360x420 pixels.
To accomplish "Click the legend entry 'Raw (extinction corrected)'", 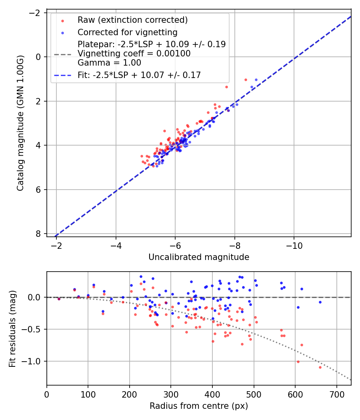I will point(132,20).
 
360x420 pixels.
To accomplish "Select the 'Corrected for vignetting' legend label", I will point(128,32).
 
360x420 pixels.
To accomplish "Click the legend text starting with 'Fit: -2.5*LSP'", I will point(139,75).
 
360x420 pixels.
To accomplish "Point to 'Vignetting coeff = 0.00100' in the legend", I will point(134,54).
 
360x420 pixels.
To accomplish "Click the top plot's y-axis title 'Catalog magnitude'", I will point(20,123).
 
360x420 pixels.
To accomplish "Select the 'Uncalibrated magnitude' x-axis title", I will point(199,257).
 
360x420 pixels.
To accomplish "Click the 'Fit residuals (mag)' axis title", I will point(12,328).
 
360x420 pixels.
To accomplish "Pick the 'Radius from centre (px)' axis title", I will point(199,406).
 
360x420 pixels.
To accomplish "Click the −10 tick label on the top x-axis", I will point(294,244).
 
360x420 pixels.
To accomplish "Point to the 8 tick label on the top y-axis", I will point(39,234).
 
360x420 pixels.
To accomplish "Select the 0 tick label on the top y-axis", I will point(39,57).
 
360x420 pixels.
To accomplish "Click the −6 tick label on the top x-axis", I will point(175,244).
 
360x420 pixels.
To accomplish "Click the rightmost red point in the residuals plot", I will point(320,367).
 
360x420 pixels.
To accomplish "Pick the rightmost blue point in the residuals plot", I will point(320,302).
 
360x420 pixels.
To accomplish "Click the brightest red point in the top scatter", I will point(246,80).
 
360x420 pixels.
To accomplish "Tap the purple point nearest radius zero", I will point(59,299).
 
